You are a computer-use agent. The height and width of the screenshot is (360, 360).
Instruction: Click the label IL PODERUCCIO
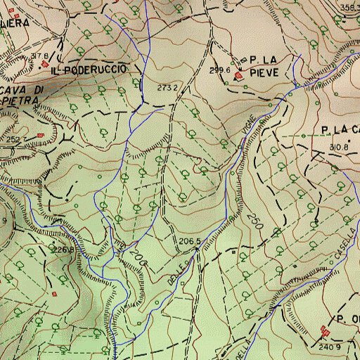point(89,70)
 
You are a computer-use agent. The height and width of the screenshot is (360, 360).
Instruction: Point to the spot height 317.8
point(40,56)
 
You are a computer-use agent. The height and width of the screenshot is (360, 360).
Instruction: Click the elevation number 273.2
point(167,88)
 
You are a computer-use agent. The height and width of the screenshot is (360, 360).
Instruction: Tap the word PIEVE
point(267,72)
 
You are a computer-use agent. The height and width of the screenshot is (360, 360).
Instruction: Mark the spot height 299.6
point(220,70)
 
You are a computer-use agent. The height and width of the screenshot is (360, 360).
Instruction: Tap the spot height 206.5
point(190,242)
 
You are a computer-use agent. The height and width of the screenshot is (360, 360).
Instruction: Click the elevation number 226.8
point(63,250)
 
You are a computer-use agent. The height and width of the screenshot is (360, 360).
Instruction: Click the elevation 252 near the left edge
point(13,139)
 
